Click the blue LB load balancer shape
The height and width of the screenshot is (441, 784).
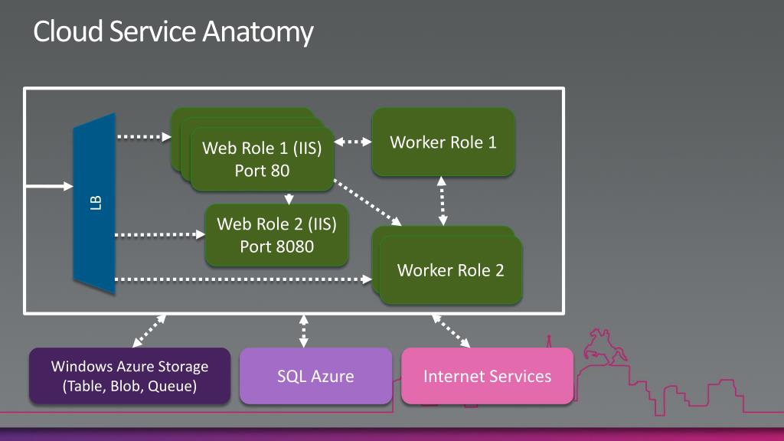click(94, 204)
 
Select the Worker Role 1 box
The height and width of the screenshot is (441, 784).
click(443, 142)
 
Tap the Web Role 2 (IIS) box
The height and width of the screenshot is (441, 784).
click(276, 235)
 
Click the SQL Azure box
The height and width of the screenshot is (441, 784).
click(315, 376)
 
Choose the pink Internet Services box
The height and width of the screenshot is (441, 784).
click(487, 376)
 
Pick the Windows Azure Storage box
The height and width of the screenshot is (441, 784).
click(129, 376)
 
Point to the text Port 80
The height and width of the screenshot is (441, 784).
click(262, 171)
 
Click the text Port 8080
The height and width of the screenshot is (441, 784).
click(276, 247)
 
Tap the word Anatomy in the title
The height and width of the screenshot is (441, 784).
click(257, 31)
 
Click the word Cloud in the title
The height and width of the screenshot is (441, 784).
click(68, 31)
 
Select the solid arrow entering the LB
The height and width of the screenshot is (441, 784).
click(49, 187)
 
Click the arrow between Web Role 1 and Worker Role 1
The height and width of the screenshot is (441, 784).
click(352, 142)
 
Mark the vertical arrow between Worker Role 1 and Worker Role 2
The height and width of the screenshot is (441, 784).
click(442, 201)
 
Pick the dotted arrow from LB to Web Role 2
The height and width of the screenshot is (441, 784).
click(160, 234)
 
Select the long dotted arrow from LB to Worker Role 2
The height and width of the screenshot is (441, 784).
click(243, 279)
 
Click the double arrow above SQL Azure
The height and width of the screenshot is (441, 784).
click(303, 331)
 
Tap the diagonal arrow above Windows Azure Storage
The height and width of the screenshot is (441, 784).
click(149, 331)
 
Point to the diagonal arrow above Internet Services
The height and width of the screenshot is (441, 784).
click(450, 331)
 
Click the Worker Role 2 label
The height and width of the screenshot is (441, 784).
click(450, 270)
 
